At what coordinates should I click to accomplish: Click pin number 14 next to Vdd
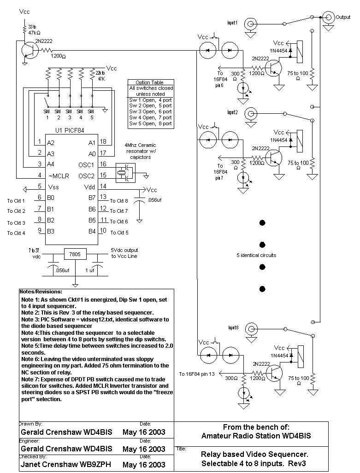[x=103, y=187]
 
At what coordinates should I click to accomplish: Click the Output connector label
[x=343, y=17]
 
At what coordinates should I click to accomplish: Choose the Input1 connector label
[x=233, y=23]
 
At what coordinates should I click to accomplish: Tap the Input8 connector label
[x=233, y=327]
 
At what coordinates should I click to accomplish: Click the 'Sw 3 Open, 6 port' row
[x=150, y=111]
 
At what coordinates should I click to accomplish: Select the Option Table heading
[x=150, y=82]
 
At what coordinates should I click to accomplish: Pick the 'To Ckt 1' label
[x=16, y=200]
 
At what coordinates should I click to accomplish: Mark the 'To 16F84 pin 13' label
[x=200, y=374]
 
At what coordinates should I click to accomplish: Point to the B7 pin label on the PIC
[x=92, y=198]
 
